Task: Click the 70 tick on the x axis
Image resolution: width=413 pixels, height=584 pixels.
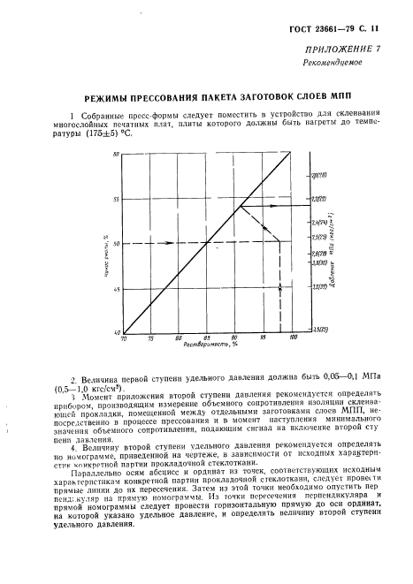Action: (124, 338)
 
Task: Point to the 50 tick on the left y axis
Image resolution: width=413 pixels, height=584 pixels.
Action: (115, 243)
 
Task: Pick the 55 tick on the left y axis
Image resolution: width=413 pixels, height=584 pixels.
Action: (115, 199)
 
